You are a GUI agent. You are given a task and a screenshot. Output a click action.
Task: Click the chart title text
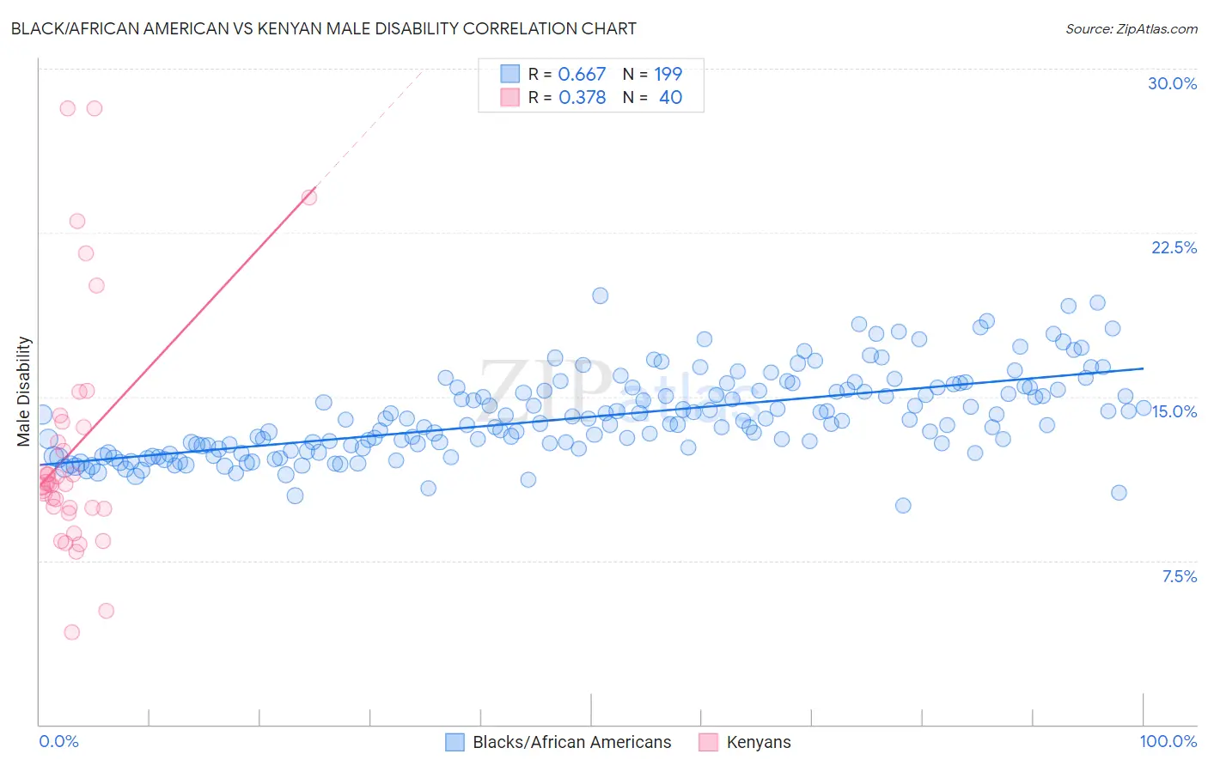324,28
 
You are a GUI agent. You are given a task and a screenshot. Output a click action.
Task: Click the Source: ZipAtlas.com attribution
1131,28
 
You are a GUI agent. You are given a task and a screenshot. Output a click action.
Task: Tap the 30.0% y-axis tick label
1172,83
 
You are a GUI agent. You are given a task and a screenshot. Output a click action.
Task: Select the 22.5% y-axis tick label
1174,247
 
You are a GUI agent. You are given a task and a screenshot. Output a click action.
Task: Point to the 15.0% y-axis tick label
1174,411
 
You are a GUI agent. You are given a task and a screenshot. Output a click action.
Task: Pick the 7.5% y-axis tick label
1179,576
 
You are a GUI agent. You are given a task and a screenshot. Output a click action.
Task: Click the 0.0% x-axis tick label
58,741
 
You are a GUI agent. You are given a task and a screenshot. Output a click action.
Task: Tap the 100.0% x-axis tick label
1168,741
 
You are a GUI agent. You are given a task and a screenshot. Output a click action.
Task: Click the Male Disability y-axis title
23,391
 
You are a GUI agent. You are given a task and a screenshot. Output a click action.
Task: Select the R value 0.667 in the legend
582,75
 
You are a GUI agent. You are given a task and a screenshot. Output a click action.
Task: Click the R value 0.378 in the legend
582,98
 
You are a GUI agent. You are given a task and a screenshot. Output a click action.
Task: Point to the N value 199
668,75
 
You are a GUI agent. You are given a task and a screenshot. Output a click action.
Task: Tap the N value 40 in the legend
670,98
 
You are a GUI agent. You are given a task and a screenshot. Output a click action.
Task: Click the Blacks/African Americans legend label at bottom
571,742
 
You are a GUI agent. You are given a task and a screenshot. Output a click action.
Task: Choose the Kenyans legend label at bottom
758,742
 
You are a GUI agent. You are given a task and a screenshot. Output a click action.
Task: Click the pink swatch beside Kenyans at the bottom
708,742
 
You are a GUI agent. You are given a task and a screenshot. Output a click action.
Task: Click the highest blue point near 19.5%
600,295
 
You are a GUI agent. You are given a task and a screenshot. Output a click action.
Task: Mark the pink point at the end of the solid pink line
309,198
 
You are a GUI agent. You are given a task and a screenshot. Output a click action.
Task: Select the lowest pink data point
72,632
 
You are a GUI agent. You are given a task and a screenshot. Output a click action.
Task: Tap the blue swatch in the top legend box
510,75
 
